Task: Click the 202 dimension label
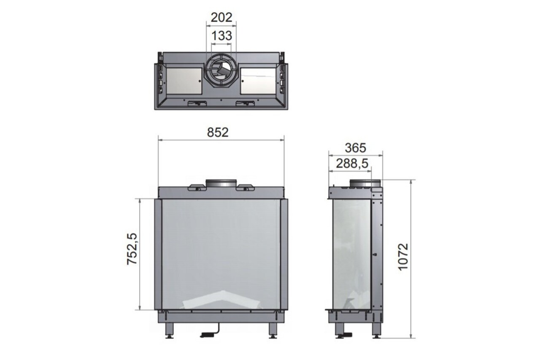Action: click(221, 17)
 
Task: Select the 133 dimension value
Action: click(221, 36)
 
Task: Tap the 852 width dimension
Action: click(218, 132)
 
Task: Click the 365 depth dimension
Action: click(355, 148)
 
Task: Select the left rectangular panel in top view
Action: click(184, 81)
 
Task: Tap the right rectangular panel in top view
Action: click(258, 81)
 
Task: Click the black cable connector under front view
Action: click(208, 335)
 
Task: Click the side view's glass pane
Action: click(351, 253)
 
